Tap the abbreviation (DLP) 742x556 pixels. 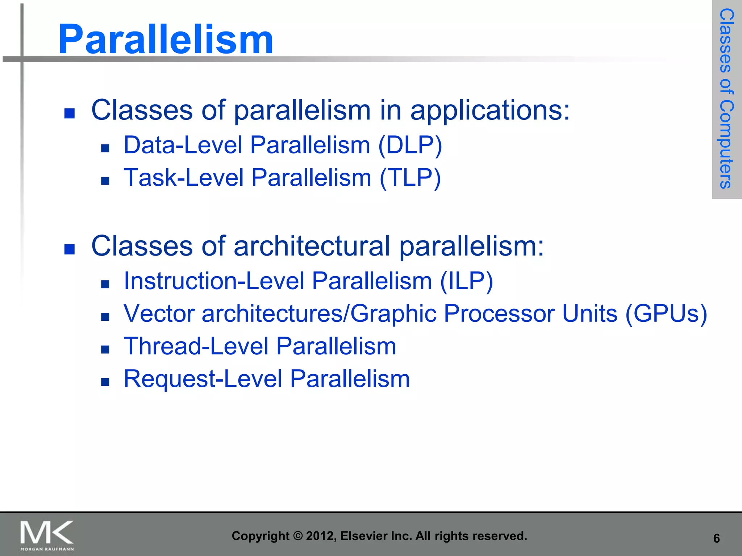[x=410, y=145]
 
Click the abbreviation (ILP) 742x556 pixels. [x=466, y=281]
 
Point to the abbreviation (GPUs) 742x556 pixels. [x=666, y=313]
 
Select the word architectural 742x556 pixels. [x=312, y=246]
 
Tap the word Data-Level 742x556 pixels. [x=183, y=145]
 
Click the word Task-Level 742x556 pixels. [x=184, y=178]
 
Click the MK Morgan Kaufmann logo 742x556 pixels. [x=47, y=535]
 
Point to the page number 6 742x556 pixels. [x=716, y=539]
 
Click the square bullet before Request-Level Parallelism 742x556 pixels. [x=105, y=382]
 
